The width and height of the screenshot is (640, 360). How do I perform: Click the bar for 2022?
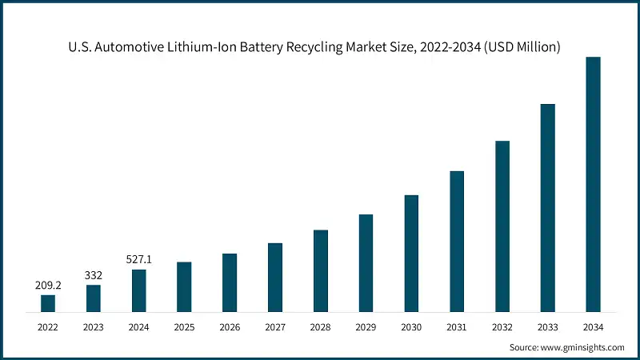pyautogui.click(x=48, y=303)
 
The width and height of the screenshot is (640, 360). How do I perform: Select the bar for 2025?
pyautogui.click(x=184, y=286)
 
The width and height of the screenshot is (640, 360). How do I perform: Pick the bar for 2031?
pyautogui.click(x=457, y=241)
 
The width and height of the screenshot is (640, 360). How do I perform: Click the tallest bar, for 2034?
pyautogui.click(x=593, y=184)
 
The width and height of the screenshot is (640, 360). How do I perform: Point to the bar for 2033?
pyautogui.click(x=547, y=207)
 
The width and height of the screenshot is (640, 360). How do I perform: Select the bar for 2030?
pyautogui.click(x=411, y=253)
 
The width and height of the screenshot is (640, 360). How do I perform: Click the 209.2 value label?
pyautogui.click(x=48, y=284)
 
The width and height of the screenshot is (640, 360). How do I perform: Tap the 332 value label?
pyautogui.click(x=94, y=275)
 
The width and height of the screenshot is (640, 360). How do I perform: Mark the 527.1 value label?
pyautogui.click(x=139, y=259)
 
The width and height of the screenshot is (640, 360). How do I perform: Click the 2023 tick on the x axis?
pyautogui.click(x=94, y=326)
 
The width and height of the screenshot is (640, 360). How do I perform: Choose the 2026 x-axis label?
pyautogui.click(x=230, y=326)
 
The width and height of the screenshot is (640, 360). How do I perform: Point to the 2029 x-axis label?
pyautogui.click(x=366, y=326)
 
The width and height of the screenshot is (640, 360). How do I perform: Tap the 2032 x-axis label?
pyautogui.click(x=502, y=326)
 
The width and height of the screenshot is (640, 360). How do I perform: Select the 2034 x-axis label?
pyautogui.click(x=593, y=326)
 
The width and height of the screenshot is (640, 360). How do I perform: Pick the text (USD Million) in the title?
pyautogui.click(x=522, y=47)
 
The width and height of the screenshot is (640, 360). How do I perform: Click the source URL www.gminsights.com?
pyautogui.click(x=582, y=347)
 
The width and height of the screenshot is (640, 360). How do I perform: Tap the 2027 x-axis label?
pyautogui.click(x=275, y=326)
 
